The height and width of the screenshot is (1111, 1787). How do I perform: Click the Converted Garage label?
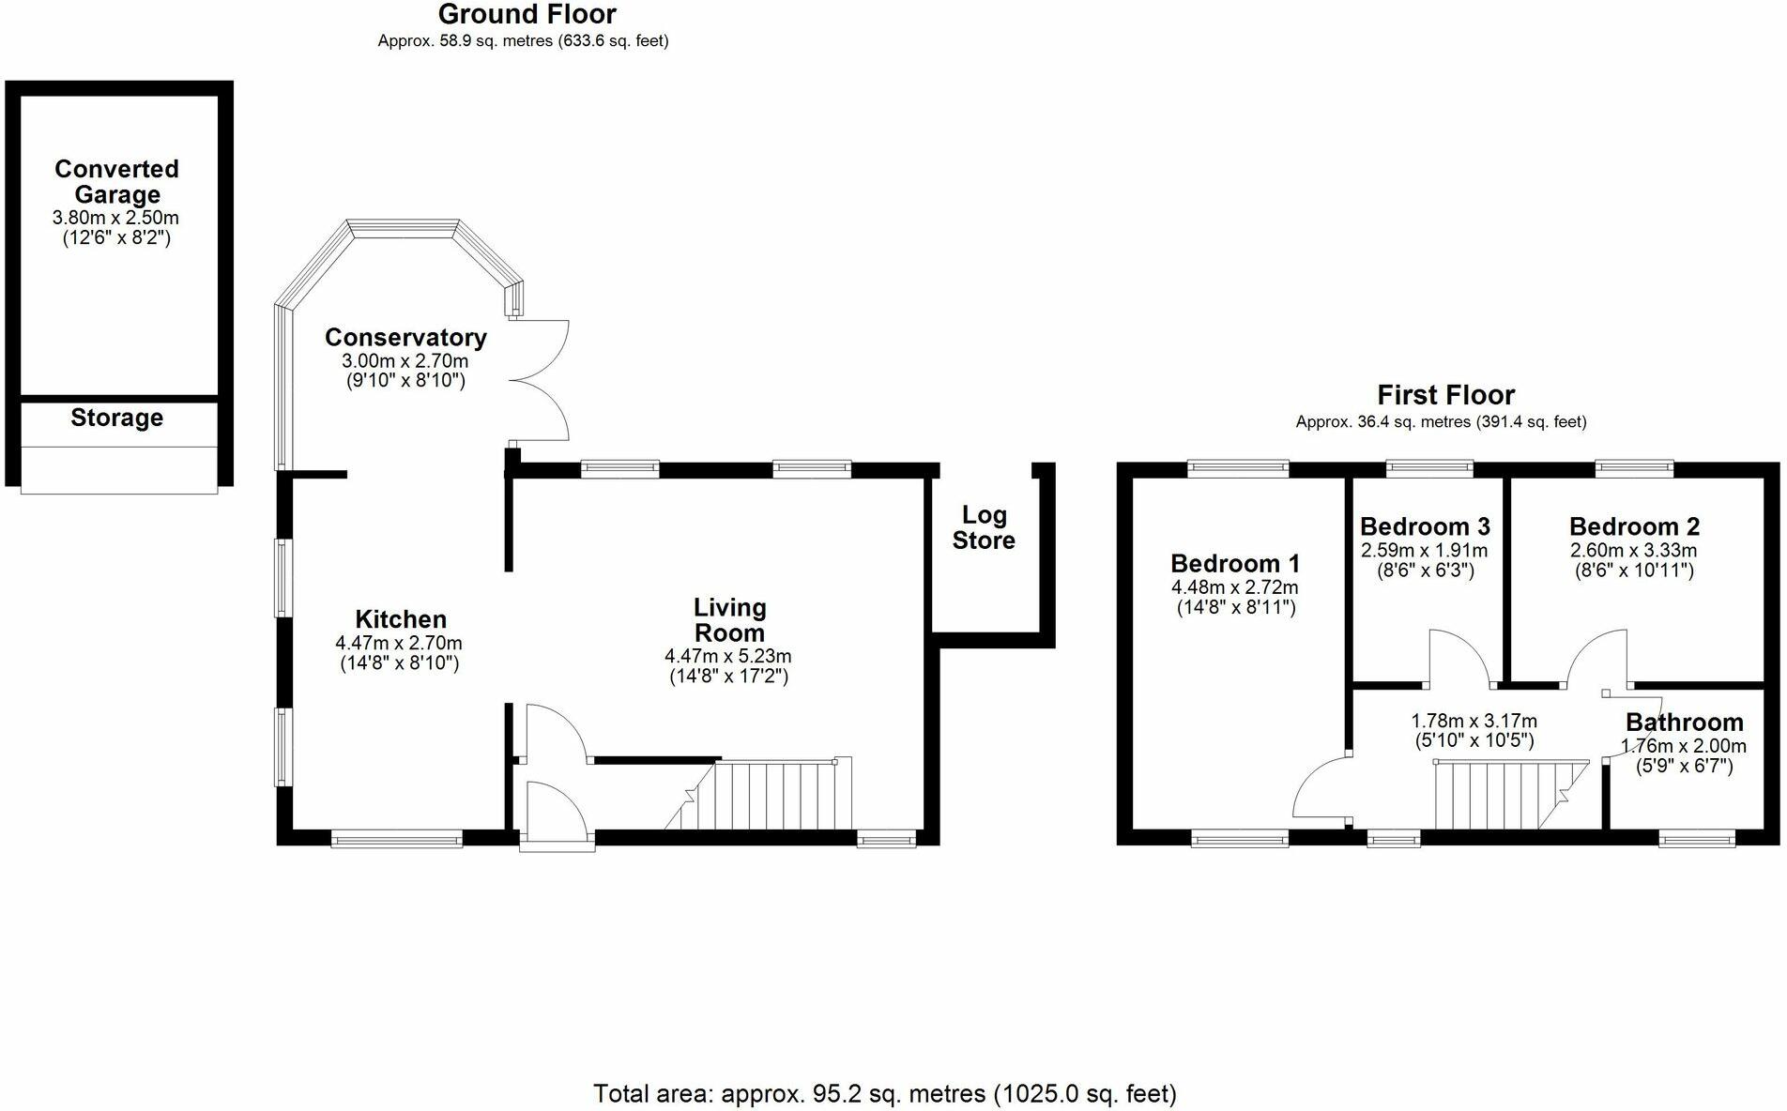click(116, 181)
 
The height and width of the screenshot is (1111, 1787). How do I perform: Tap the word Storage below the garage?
click(116, 418)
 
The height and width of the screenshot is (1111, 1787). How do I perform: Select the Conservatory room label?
click(405, 337)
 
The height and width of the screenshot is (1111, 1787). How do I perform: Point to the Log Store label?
click(984, 527)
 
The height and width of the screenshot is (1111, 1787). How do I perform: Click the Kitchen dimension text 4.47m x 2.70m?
click(399, 644)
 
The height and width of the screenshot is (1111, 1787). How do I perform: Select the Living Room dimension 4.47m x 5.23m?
click(728, 656)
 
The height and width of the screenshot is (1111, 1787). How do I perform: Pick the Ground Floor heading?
click(527, 15)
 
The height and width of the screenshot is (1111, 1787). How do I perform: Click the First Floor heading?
click(1445, 395)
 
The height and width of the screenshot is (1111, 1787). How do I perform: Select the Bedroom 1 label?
click(1235, 564)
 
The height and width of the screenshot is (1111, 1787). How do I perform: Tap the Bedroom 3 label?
click(1425, 526)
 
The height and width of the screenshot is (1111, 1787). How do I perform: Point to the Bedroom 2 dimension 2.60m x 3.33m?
click(1634, 551)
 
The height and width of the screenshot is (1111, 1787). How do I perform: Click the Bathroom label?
click(1685, 723)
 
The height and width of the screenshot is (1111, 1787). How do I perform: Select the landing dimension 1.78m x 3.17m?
click(1474, 722)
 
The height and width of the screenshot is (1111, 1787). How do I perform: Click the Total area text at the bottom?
click(884, 1094)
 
